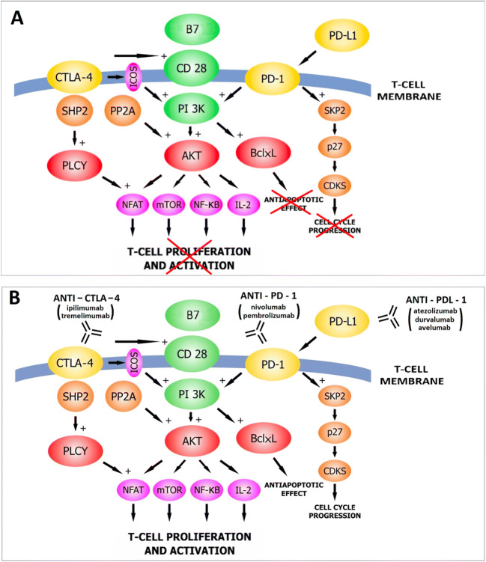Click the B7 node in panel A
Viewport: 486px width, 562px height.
coord(194,29)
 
